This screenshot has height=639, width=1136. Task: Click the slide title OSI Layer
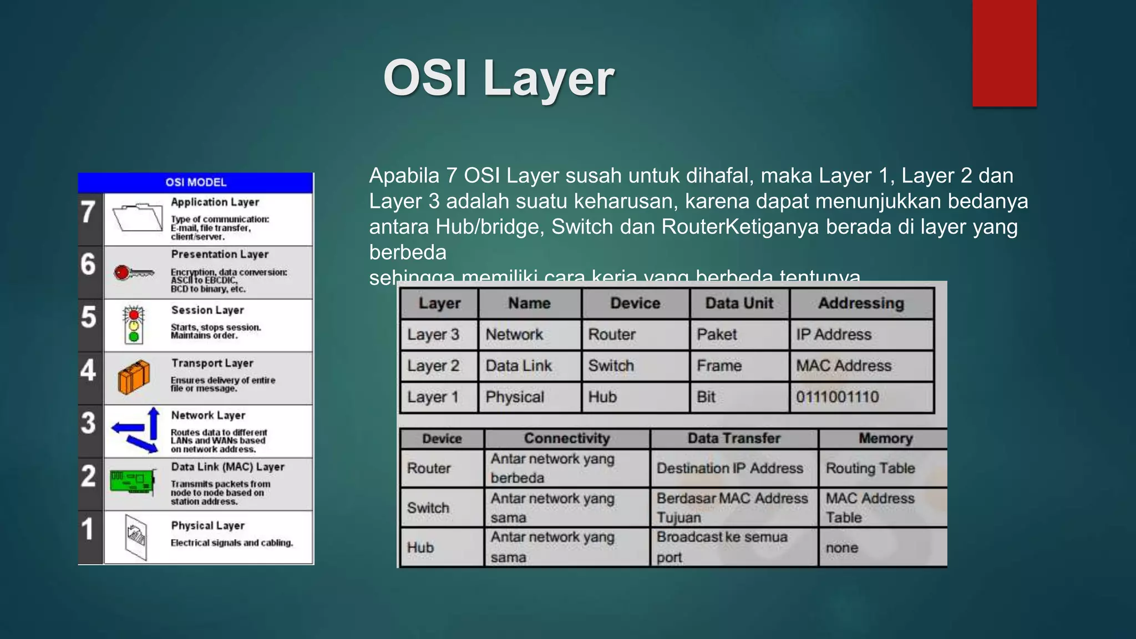498,78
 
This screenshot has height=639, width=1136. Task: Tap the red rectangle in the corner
1004,53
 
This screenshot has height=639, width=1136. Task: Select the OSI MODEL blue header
196,182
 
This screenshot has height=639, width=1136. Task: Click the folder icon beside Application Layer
137,218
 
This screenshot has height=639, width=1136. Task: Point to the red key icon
133,272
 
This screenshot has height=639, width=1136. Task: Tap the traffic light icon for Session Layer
134,324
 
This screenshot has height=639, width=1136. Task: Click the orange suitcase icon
134,377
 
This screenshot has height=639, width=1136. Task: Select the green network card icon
132,480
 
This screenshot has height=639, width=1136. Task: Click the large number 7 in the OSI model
89,212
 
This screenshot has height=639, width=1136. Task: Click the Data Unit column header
739,303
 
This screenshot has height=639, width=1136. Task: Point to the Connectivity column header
566,439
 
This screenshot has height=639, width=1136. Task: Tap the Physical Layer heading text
207,525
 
